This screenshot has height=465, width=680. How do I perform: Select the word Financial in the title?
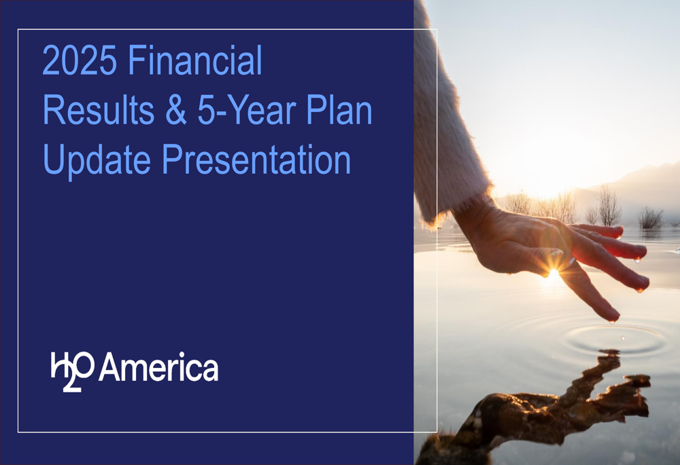(x=194, y=62)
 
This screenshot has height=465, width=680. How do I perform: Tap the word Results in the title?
(x=99, y=111)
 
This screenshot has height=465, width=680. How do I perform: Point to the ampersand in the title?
(x=176, y=111)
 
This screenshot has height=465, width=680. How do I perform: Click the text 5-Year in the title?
(x=249, y=111)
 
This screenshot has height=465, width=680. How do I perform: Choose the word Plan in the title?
(x=343, y=111)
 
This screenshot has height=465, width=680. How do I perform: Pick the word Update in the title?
(x=97, y=161)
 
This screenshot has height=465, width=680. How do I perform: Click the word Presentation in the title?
(x=256, y=161)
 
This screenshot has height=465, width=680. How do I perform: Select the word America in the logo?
(x=158, y=368)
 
